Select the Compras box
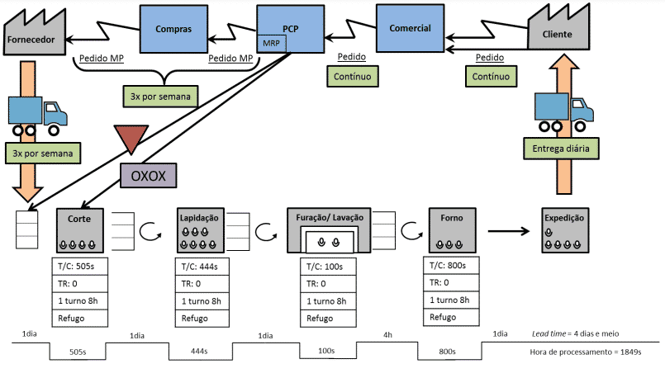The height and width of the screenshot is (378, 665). (x=173, y=30)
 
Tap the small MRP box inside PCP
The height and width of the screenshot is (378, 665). (x=271, y=42)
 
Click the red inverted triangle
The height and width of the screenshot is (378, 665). (x=131, y=139)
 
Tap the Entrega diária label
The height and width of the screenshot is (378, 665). (x=561, y=149)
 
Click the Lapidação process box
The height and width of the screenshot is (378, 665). (x=200, y=232)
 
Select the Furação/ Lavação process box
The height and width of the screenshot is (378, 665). (x=329, y=232)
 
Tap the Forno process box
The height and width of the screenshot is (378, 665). (x=450, y=230)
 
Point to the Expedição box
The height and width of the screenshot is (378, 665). (x=564, y=231)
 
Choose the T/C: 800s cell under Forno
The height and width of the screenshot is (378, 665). (x=450, y=266)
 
